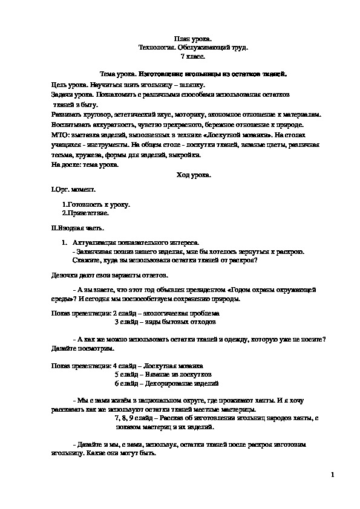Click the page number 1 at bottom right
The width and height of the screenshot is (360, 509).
click(332, 475)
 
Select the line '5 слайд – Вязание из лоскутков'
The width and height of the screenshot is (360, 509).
click(162, 375)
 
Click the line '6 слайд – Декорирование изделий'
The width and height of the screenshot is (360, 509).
click(166, 384)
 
